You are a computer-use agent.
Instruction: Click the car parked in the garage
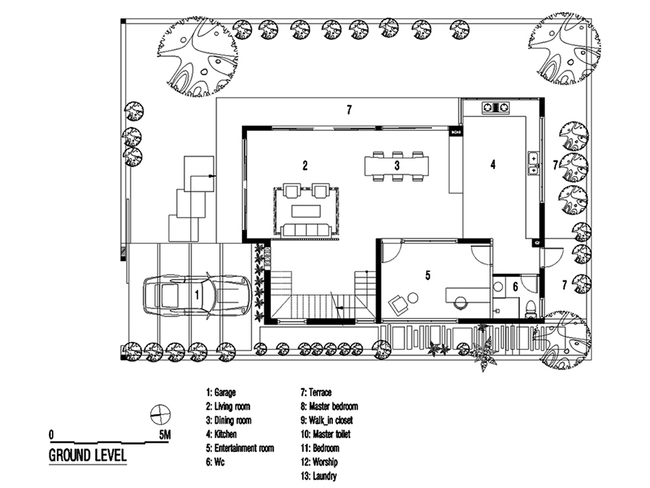(197, 295)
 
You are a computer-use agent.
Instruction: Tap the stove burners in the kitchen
(495, 108)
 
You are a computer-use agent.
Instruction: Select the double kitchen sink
(533, 163)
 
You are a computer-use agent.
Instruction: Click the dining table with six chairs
(396, 166)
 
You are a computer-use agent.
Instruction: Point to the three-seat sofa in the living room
(306, 230)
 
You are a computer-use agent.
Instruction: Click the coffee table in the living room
(306, 211)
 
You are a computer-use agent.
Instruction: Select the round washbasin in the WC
(498, 286)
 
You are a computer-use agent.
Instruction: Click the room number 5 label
(428, 275)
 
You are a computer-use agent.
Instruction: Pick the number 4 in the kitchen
(493, 165)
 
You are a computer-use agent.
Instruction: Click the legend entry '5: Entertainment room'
(240, 448)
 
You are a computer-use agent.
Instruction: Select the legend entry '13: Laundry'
(318, 476)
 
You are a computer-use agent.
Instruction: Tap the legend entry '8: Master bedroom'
(329, 406)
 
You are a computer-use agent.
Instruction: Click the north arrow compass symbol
(160, 414)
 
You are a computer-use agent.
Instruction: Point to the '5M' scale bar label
(165, 435)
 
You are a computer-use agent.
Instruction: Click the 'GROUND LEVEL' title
(87, 455)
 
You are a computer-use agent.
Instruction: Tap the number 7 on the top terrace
(349, 110)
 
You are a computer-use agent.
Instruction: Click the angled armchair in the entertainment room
(397, 304)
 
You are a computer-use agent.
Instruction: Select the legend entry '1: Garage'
(221, 393)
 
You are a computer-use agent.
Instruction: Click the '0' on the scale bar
(51, 435)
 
